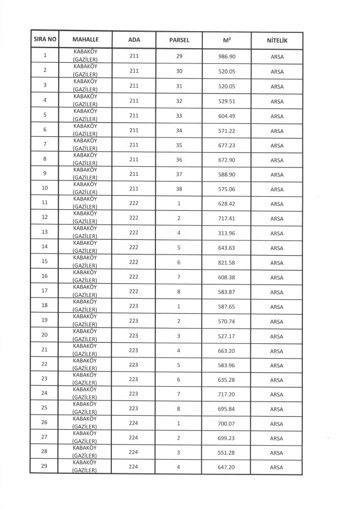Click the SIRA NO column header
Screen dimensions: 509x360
tap(45, 41)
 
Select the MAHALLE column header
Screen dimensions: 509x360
tap(86, 41)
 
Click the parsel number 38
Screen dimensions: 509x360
tap(179, 189)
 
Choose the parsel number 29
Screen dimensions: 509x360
tap(179, 57)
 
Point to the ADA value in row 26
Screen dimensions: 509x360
tap(134, 424)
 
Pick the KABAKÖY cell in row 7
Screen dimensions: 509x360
tap(86, 145)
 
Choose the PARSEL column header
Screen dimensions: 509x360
tap(179, 41)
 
